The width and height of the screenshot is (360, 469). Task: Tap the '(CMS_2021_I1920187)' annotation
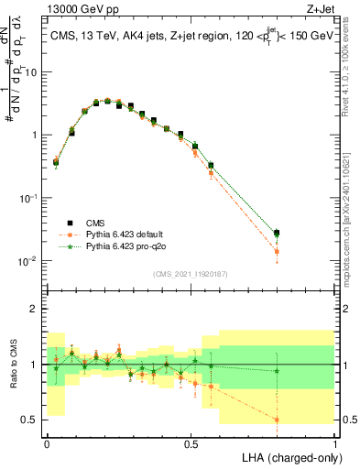click(x=191, y=273)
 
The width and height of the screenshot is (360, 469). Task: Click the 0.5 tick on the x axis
click(x=191, y=442)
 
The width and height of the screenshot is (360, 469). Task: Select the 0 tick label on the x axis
click(x=47, y=442)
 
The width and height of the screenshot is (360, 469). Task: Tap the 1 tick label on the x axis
click(x=335, y=442)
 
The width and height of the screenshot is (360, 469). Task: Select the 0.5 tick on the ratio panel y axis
click(x=33, y=420)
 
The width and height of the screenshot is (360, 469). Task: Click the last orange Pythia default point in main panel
click(x=277, y=251)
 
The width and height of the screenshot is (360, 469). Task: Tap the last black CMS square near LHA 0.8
click(x=277, y=234)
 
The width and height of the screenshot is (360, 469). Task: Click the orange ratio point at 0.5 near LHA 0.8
click(x=277, y=420)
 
